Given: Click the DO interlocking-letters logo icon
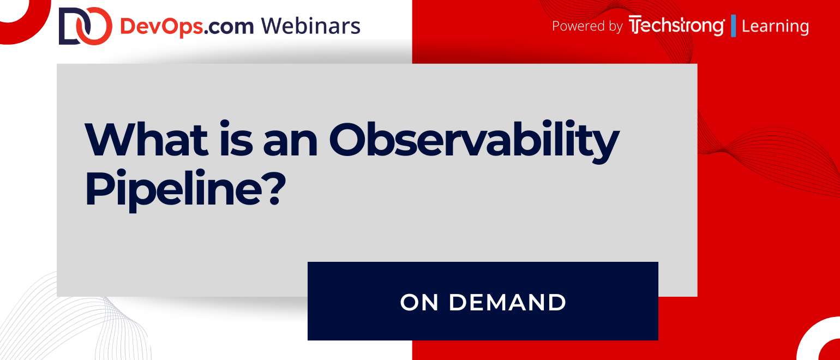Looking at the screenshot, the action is click(86, 26).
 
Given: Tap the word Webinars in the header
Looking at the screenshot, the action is click(310, 26).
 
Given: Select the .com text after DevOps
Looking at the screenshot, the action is click(229, 28).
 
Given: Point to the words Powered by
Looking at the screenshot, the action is click(587, 26).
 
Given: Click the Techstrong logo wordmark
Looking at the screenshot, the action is click(677, 26).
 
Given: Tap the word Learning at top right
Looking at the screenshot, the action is click(775, 27).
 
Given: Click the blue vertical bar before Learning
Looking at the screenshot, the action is click(734, 26).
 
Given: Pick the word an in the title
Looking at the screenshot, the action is click(290, 143).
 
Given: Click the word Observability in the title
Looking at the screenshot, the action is click(474, 142).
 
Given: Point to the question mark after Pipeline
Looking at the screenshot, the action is click(274, 188).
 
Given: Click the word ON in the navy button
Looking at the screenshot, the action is click(419, 302).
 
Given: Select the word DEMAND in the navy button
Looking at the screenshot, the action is click(507, 302).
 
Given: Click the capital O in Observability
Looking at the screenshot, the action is click(347, 139).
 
